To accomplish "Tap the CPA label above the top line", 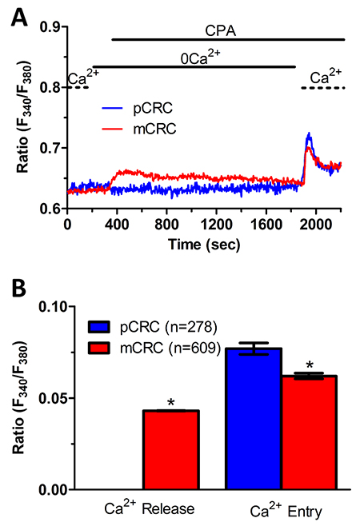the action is point(220,31).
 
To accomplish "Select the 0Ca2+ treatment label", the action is point(200,58).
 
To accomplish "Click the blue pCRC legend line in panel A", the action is point(112,108).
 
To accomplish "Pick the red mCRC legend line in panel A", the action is point(112,129).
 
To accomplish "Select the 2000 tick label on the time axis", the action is point(316,224).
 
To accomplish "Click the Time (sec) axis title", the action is point(204,245).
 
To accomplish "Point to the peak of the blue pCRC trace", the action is point(309,133).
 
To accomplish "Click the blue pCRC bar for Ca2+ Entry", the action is point(254,419).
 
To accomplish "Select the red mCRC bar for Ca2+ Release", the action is point(171,450).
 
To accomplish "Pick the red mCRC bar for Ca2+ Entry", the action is point(309,432).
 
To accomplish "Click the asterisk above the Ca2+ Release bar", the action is point(171,403).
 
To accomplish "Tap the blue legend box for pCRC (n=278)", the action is point(99,327).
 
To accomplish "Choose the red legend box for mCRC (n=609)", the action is point(99,348).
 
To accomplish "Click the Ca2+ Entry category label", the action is point(286,510).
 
